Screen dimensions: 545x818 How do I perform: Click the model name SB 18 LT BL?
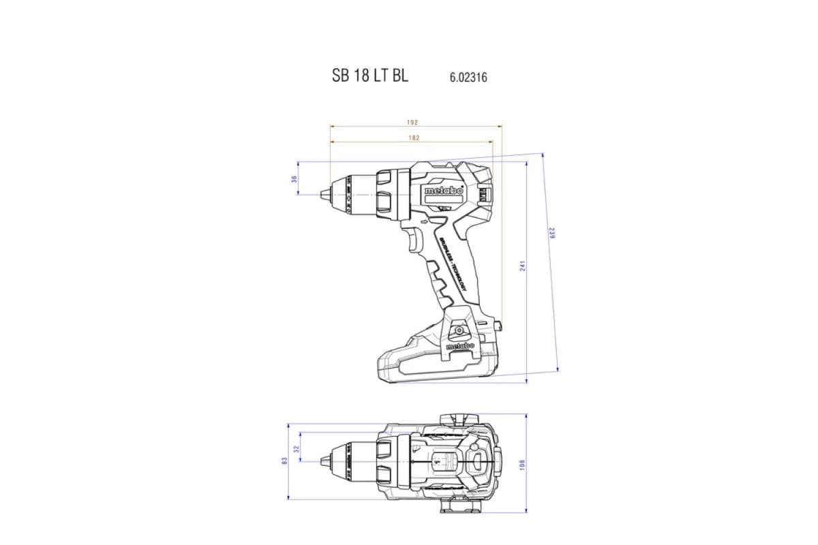370,76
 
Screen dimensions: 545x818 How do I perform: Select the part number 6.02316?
468,78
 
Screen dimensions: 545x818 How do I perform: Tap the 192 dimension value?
412,123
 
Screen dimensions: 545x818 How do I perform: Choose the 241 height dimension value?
523,266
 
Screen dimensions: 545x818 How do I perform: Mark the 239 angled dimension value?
552,233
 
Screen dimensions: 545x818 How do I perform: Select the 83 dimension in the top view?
284,461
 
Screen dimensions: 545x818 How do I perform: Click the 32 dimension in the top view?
296,450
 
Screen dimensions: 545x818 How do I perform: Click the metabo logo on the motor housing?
443,191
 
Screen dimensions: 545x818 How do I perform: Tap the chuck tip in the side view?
321,194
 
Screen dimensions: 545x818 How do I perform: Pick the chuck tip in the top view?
321,461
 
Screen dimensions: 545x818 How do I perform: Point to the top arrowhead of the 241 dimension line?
527,164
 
